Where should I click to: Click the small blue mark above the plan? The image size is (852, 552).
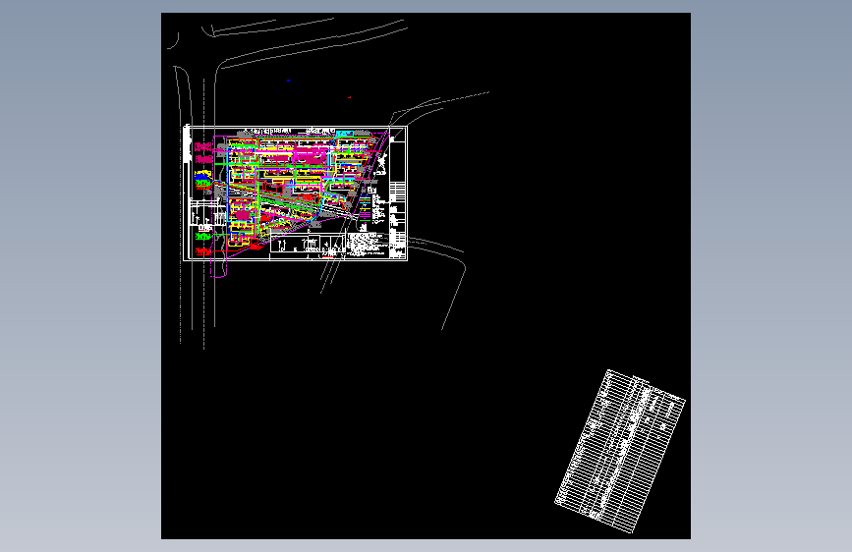point(289,81)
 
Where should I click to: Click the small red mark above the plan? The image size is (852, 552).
point(350,97)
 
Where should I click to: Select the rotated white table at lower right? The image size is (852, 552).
point(620,452)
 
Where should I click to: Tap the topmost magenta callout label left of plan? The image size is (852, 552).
point(204,146)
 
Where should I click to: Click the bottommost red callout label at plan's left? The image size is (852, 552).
point(203,252)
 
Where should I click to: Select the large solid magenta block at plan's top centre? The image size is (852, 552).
point(312,154)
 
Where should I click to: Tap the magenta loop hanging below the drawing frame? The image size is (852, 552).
point(219,269)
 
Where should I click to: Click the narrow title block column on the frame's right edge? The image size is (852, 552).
point(398,193)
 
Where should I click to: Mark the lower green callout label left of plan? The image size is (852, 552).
point(203,237)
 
